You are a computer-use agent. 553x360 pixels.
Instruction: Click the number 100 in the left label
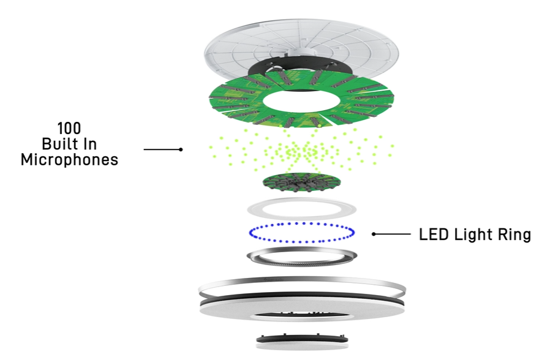[69, 129]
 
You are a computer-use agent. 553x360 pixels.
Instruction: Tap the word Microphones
[69, 160]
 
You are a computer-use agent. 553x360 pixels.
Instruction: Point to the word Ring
[511, 234]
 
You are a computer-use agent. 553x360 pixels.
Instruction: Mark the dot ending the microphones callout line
[181, 149]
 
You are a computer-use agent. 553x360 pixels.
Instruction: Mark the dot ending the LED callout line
[374, 234]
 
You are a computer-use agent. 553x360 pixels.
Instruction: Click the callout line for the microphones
[162, 149]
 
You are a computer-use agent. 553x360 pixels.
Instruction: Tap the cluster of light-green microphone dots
[303, 151]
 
